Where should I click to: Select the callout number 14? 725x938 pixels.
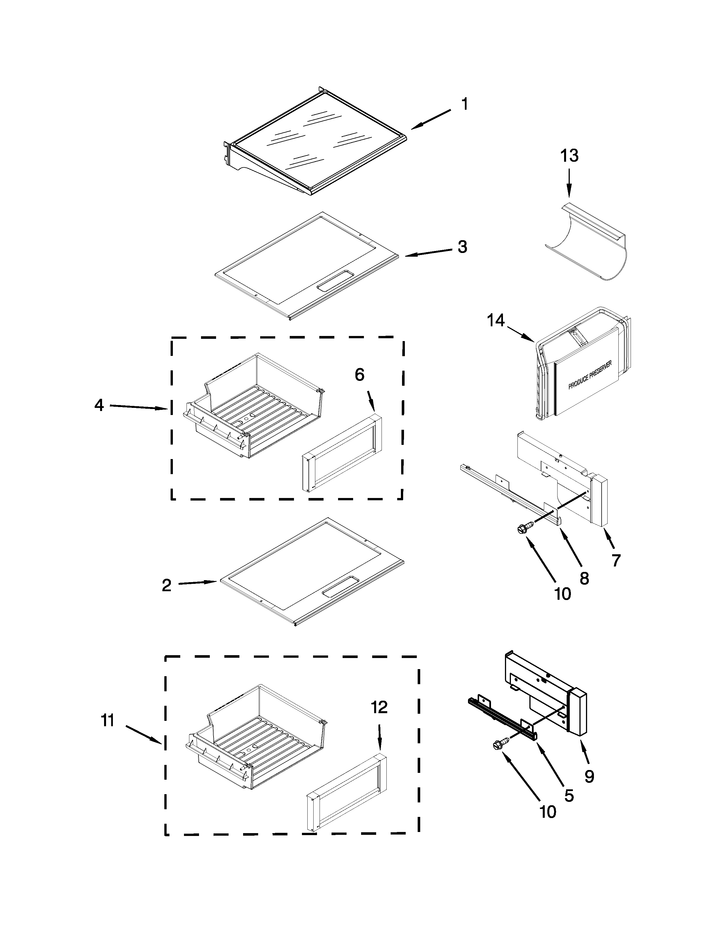tap(496, 320)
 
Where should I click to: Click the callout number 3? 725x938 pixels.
tap(462, 247)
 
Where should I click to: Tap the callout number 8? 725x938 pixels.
tap(584, 578)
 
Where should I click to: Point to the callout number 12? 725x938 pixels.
tap(379, 707)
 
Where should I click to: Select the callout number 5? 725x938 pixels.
tap(569, 796)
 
